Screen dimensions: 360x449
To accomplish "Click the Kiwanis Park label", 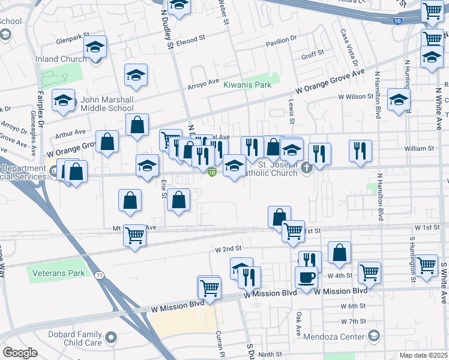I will click(x=247, y=85).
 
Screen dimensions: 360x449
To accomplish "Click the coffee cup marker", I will click(x=306, y=277).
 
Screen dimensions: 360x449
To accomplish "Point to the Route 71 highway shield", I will click(x=97, y=274).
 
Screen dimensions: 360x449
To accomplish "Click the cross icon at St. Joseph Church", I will click(x=307, y=168).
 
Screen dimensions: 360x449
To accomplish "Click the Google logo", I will click(x=20, y=352).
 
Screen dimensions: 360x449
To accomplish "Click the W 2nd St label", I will click(x=228, y=248).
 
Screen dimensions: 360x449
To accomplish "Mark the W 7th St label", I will click(x=354, y=322).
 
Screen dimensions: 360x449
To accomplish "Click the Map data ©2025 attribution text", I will click(x=423, y=355).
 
